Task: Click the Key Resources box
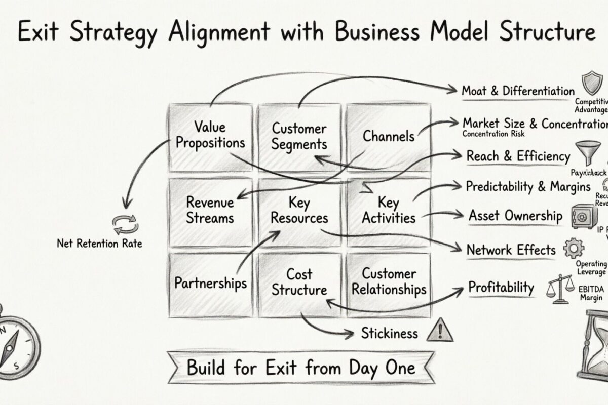coord(299,210)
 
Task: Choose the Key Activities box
coord(389,210)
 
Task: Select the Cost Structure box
coord(299,282)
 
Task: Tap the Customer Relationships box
coord(389,282)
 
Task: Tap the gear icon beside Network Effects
coord(574,248)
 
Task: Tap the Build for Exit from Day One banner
coord(301,368)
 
